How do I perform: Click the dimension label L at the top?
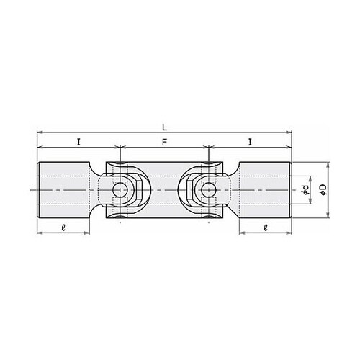(x=164, y=127)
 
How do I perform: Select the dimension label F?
(x=164, y=143)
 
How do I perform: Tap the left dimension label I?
(x=78, y=143)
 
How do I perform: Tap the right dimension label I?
(x=250, y=143)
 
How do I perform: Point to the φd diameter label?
(x=305, y=189)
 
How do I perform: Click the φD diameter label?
(x=323, y=189)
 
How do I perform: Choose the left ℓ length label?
(x=63, y=228)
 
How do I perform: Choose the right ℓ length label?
(x=265, y=228)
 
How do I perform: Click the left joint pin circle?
(x=120, y=190)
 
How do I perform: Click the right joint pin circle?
(x=209, y=190)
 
